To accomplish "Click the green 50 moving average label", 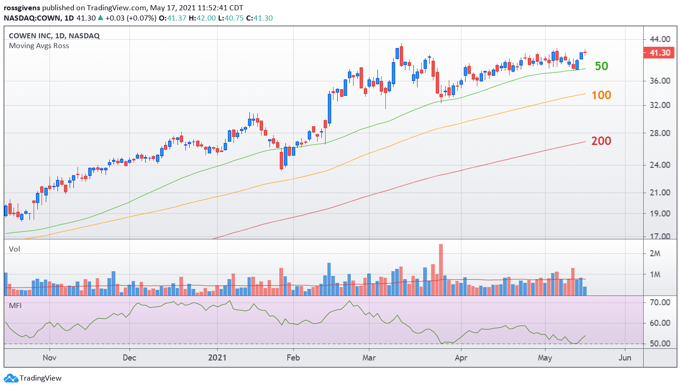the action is [x=601, y=66].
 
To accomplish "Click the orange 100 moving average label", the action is [x=601, y=95].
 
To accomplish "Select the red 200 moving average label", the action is [x=601, y=141].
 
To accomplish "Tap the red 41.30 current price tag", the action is [x=659, y=53].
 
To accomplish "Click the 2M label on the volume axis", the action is [x=655, y=253].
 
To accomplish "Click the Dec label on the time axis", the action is [x=129, y=357].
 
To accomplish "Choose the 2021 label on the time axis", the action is [x=217, y=357].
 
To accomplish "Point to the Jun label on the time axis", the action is [x=625, y=357].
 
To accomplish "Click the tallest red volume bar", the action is [x=441, y=270].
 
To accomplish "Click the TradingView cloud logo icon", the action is [x=11, y=378].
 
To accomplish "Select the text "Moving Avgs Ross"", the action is [x=39, y=46].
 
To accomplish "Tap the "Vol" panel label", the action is [x=14, y=249].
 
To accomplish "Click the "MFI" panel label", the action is [x=15, y=306].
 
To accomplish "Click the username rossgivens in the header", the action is [x=22, y=8].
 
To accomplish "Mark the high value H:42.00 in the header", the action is [x=202, y=18].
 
